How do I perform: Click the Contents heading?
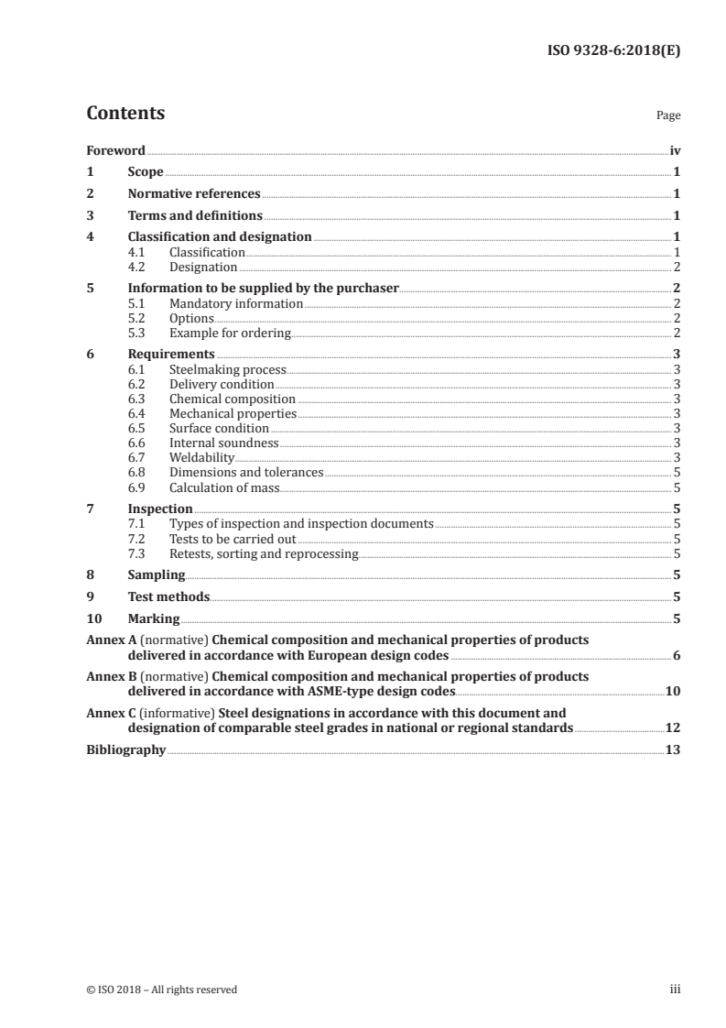(x=125, y=114)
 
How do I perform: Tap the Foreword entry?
(x=115, y=150)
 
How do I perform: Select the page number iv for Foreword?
(x=674, y=150)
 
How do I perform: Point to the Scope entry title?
(x=146, y=172)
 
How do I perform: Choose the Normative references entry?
(x=194, y=194)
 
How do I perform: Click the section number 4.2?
(x=137, y=267)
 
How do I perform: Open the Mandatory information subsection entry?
(x=236, y=303)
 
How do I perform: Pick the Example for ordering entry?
(x=230, y=333)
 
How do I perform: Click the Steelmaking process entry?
(x=228, y=369)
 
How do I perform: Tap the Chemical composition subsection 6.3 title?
(x=233, y=399)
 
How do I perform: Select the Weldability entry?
(x=201, y=457)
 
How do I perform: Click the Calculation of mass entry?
(x=224, y=487)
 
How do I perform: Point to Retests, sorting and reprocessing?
(x=264, y=552)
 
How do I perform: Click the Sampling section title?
(x=157, y=575)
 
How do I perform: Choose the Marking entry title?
(x=154, y=619)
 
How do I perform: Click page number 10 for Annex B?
(x=673, y=691)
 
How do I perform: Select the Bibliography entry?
(x=125, y=749)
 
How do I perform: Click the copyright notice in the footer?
(x=161, y=990)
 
